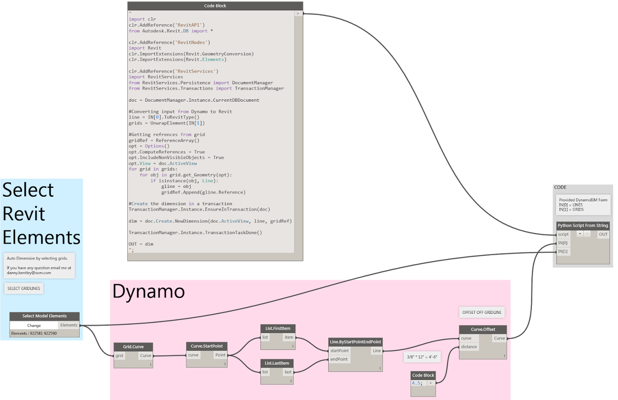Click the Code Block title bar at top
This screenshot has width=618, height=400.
[x=215, y=6]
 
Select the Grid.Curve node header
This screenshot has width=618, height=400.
[x=133, y=347]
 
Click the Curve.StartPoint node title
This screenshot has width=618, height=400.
[x=206, y=346]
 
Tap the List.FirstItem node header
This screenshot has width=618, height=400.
[x=277, y=328]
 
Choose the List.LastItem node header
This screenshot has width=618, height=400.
[x=277, y=363]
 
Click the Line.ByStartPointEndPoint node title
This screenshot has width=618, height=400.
[x=355, y=342]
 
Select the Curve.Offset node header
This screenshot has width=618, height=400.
[x=483, y=329]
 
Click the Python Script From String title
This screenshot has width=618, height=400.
[x=582, y=225]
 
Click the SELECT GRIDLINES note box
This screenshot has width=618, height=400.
[x=24, y=289]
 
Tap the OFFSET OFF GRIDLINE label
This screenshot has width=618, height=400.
[x=482, y=312]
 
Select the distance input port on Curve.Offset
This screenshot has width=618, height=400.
[x=469, y=347]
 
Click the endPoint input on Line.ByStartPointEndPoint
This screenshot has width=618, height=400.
[x=339, y=360]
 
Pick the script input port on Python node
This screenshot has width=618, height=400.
[x=563, y=234]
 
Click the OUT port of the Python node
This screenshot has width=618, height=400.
[x=603, y=234]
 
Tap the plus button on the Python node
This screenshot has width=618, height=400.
[x=580, y=234]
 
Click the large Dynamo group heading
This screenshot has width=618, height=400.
[x=148, y=291]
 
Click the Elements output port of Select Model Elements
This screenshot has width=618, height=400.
[x=69, y=325]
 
